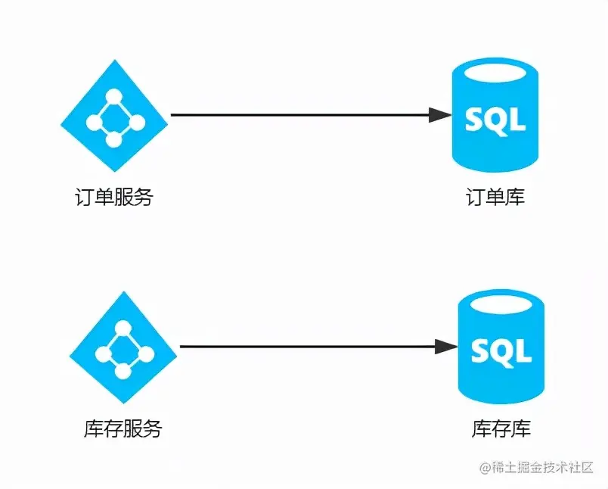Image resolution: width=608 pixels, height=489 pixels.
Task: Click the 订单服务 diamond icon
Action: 114,116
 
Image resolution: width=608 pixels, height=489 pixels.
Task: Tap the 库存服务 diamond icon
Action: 123,347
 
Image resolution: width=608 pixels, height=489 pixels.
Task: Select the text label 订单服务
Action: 114,198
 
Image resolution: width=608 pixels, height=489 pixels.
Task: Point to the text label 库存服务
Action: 123,429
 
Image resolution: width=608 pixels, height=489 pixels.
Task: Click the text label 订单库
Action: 495,198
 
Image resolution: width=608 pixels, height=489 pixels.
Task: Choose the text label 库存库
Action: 501,429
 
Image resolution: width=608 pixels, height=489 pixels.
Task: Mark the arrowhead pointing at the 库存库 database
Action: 448,347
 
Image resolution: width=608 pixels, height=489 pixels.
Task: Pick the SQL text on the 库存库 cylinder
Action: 501,351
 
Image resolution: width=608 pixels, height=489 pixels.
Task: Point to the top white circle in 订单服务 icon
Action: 114,96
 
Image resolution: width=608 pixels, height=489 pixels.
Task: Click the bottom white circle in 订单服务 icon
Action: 113,140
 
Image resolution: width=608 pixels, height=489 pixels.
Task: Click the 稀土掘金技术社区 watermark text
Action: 544,467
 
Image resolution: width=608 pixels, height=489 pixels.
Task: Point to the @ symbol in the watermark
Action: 486,468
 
